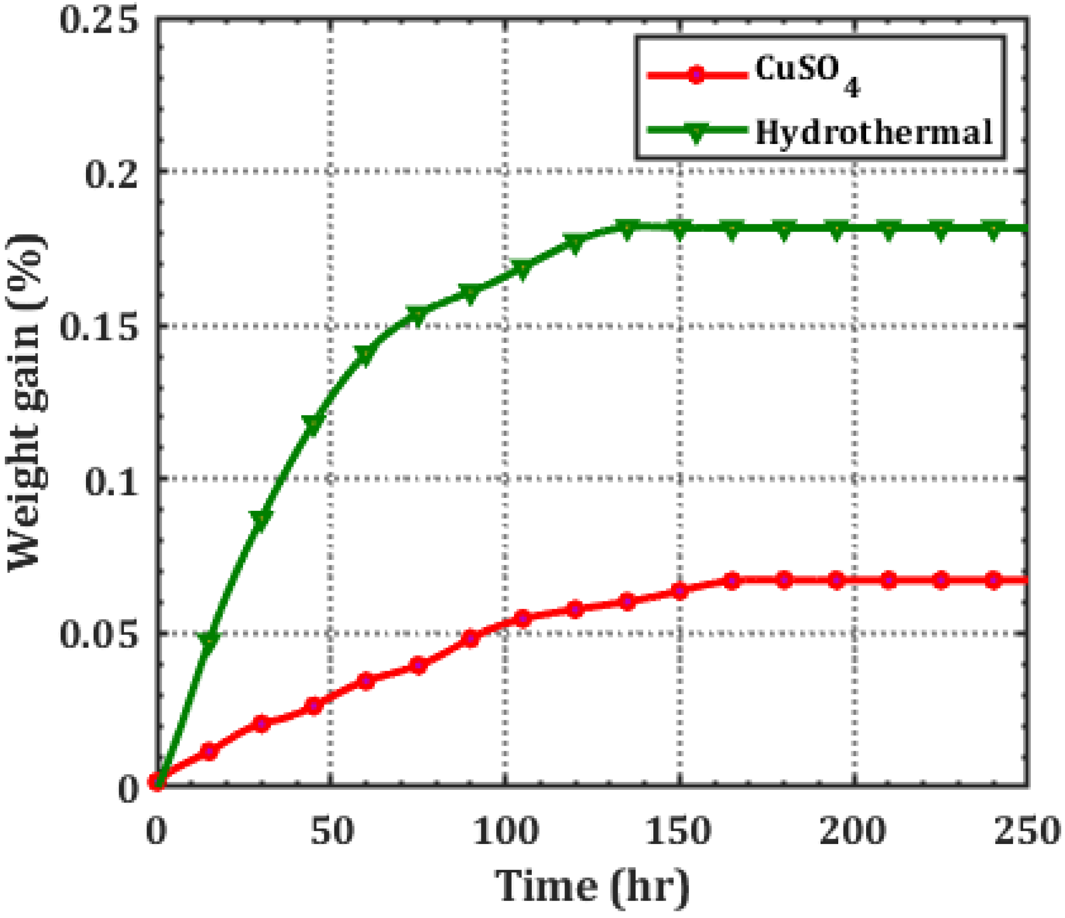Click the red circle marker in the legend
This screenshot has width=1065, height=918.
[x=696, y=75]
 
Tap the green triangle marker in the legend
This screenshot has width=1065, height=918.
[x=696, y=133]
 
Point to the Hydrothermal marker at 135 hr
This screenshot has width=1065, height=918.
[x=626, y=229]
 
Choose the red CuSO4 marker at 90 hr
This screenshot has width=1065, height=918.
[x=470, y=639]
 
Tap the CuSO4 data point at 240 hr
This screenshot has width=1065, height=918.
[x=993, y=580]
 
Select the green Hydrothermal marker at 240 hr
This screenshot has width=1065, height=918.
[x=993, y=229]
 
